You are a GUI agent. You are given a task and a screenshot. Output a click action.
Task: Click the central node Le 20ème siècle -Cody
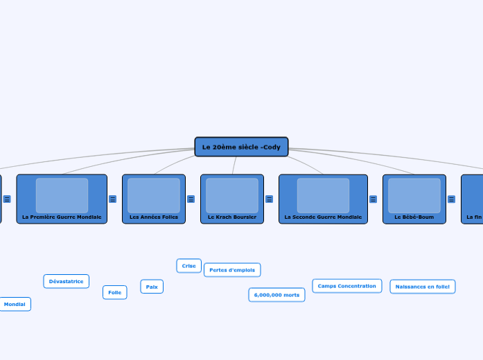pos(241,147)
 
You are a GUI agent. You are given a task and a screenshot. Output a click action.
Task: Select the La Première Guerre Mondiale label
pos(62,217)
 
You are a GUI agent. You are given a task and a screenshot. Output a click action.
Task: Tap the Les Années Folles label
pos(154,217)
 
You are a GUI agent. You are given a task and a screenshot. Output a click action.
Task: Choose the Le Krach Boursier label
pos(232,217)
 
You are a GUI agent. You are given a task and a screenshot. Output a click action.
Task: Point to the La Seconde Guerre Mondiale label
pos(323,217)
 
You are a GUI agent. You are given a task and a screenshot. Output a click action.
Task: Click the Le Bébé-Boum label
pos(414,217)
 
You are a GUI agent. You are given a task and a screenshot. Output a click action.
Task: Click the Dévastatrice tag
pos(67,281)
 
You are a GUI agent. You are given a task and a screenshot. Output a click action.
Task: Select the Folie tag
pos(115,293)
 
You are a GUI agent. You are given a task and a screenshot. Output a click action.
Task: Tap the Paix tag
pos(152,287)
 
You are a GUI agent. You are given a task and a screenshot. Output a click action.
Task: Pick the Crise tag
pos(189,266)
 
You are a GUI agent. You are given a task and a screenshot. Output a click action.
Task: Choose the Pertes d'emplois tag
pos(232,270)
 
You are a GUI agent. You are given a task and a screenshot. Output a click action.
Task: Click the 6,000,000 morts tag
pos(276,295)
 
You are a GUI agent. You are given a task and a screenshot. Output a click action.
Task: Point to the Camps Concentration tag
pos(346,286)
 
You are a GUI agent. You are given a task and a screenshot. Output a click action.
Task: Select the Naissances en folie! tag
pos(422,287)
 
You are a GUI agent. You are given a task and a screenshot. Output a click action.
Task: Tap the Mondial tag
pos(15,304)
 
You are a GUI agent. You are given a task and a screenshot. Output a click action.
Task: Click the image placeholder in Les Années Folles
pos(154,195)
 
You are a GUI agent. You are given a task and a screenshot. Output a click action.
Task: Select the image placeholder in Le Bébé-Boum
pos(414,195)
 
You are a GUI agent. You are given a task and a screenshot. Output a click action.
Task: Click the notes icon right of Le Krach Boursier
pos(269,199)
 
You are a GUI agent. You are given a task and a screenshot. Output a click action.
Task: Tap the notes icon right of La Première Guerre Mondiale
pos(112,199)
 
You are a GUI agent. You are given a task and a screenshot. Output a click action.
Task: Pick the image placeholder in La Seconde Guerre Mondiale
pos(323,195)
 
